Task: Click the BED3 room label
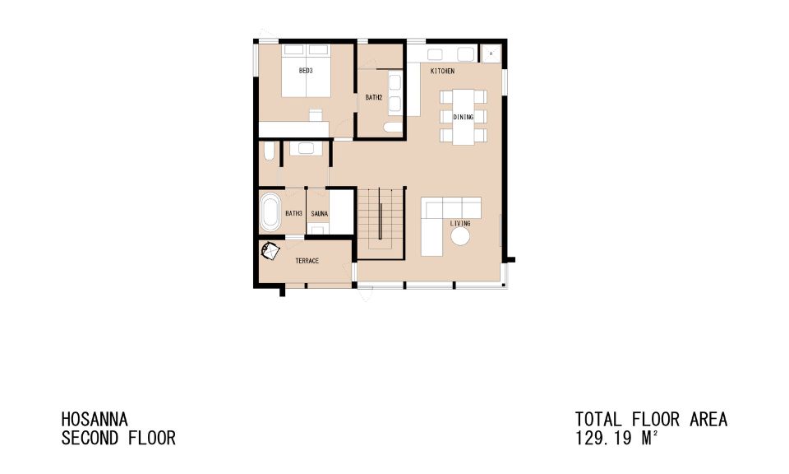pyautogui.click(x=306, y=72)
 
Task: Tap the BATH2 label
pyautogui.click(x=374, y=97)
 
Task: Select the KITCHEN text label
pyautogui.click(x=443, y=72)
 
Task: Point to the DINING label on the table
pyautogui.click(x=464, y=117)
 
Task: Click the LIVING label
pyautogui.click(x=460, y=224)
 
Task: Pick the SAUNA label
pyautogui.click(x=320, y=214)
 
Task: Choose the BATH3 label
pyautogui.click(x=294, y=214)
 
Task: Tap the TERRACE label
pyautogui.click(x=307, y=261)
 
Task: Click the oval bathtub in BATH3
pyautogui.click(x=270, y=212)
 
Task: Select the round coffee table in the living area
pyautogui.click(x=460, y=237)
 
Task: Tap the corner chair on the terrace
pyautogui.click(x=270, y=251)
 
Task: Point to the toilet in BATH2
pyautogui.click(x=393, y=128)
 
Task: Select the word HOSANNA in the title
pyautogui.click(x=95, y=420)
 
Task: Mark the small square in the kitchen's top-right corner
pyautogui.click(x=491, y=53)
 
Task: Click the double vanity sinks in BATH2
pyautogui.click(x=394, y=92)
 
